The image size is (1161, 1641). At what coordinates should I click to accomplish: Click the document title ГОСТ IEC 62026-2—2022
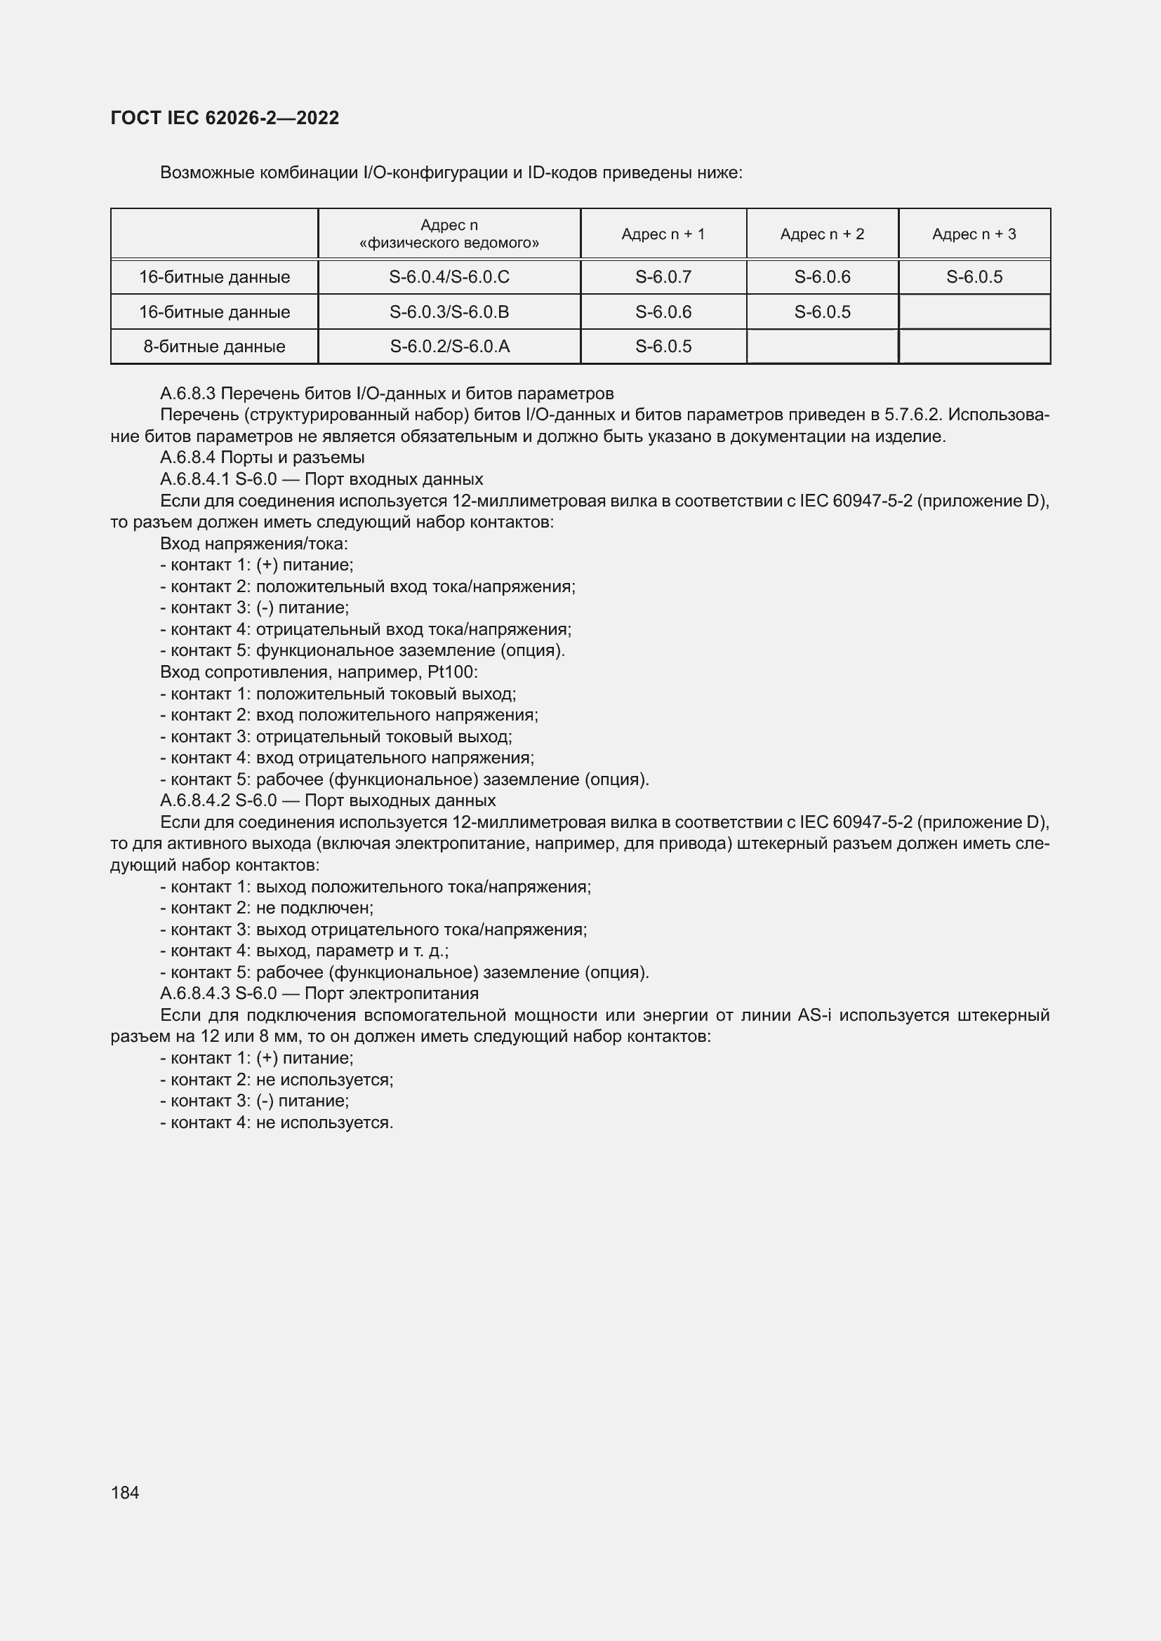(225, 118)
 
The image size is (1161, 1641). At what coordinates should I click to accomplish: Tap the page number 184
(125, 1492)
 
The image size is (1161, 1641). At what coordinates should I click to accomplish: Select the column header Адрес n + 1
(663, 234)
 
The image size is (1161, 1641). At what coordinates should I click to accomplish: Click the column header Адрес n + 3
(974, 234)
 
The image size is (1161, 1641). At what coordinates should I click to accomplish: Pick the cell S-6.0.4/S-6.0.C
(449, 276)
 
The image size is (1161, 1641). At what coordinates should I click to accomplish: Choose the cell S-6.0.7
(663, 276)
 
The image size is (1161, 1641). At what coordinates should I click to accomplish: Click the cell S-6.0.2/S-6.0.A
(449, 347)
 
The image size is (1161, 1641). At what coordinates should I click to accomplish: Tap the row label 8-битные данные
(214, 347)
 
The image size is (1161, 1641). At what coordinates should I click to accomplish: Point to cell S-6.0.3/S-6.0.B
(449, 312)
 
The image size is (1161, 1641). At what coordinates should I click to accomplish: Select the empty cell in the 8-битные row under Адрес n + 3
(974, 347)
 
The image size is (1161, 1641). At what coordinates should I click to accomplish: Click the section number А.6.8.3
(188, 394)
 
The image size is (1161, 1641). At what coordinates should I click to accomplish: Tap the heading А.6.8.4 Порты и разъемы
(262, 457)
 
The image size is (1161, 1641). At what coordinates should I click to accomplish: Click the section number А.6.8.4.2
(194, 801)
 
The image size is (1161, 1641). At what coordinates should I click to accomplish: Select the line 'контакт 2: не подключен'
(267, 908)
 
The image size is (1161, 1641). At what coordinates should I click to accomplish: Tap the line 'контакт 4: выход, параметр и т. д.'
(304, 951)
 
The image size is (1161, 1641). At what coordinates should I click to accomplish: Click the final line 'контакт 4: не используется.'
(277, 1122)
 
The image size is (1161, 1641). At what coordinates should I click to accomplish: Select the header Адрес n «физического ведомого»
(449, 234)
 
